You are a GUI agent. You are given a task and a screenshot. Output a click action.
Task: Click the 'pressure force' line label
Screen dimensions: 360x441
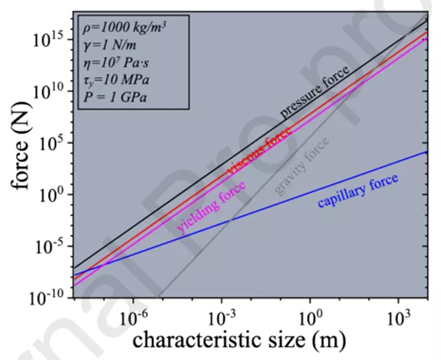click(x=315, y=91)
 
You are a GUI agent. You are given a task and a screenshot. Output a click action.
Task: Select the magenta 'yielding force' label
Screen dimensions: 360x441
click(x=212, y=207)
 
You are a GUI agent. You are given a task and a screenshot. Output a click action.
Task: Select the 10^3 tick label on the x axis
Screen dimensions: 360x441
click(x=399, y=317)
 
